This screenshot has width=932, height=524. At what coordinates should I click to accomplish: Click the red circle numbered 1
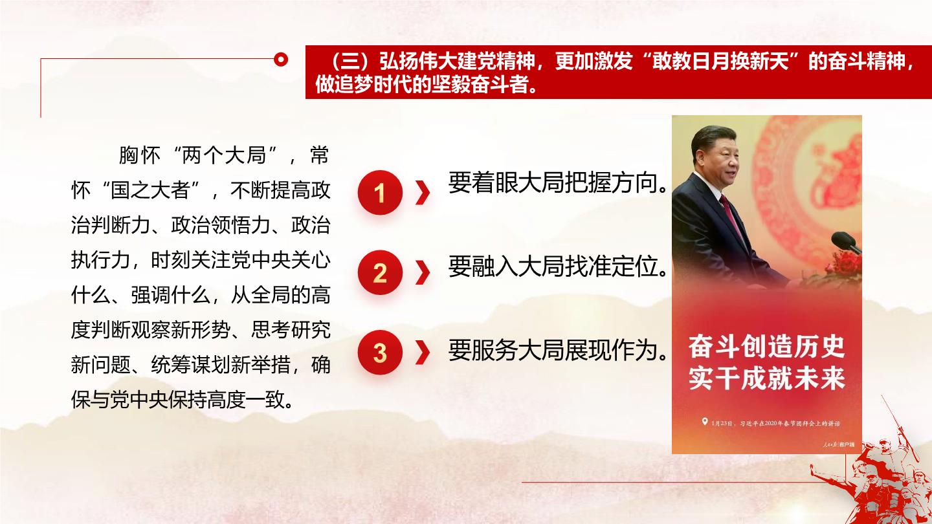tap(380, 193)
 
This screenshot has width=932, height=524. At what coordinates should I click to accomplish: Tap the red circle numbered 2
tap(380, 273)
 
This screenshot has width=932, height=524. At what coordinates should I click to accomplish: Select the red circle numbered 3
tap(380, 353)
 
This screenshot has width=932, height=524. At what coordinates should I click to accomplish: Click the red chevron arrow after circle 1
tap(423, 193)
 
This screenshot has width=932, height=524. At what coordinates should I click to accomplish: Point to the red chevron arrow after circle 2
tap(423, 273)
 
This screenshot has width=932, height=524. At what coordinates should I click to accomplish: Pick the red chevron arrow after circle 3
tap(423, 353)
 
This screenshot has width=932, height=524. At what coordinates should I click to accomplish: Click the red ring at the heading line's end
tap(282, 59)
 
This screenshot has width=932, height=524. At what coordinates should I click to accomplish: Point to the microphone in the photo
tap(845, 242)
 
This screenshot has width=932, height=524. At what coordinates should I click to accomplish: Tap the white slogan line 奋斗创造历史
tap(766, 347)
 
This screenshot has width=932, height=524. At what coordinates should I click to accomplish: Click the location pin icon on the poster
tap(704, 422)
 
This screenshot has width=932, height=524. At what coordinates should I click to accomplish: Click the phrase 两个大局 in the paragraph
tap(224, 155)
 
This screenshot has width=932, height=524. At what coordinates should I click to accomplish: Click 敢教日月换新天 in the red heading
tap(721, 61)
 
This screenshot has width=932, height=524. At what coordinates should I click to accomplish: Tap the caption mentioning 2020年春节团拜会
tap(775, 423)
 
